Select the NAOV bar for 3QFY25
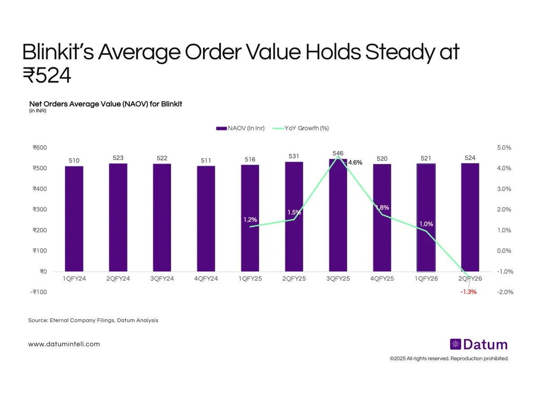coord(338,216)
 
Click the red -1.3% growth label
coord(468,292)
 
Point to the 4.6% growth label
coord(355,163)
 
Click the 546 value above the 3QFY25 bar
coord(338,154)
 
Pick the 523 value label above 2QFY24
coord(118,158)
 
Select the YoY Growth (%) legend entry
coord(307,128)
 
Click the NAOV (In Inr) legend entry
coord(241,128)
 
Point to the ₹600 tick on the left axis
coord(40,148)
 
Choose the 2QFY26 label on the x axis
coord(470,278)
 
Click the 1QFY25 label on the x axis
coord(250,278)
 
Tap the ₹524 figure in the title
coord(47,76)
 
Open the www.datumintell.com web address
coord(64,344)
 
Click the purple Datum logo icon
coord(455,344)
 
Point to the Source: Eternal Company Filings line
coord(93,320)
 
